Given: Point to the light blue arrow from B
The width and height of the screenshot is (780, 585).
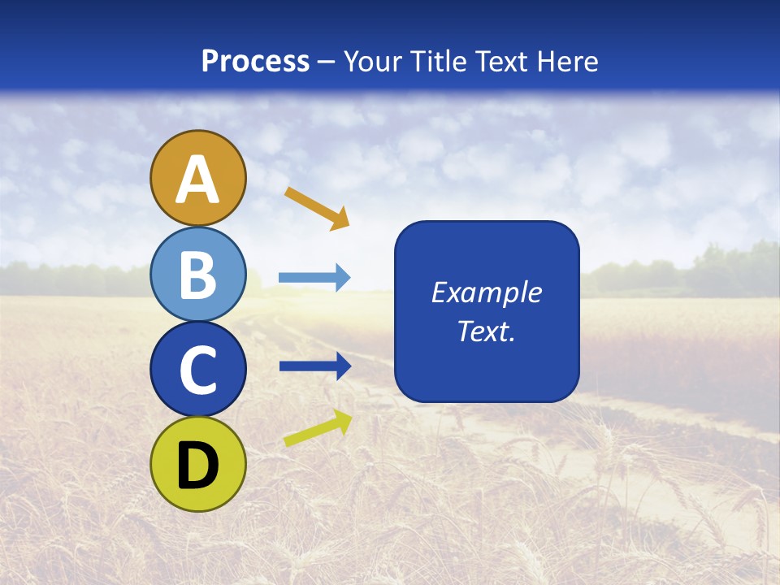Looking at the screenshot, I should pos(314,278).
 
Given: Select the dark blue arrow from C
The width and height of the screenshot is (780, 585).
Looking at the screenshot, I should pos(314,366).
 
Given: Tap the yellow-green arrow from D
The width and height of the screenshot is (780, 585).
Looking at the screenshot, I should pos(318,428).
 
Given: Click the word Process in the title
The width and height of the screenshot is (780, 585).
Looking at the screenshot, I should pos(255,62).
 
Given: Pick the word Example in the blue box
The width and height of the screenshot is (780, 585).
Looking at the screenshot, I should pos(487,292).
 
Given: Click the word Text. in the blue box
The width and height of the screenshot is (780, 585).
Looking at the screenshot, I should pos(487,331).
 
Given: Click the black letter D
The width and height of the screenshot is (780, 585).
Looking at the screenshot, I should pos(198,465).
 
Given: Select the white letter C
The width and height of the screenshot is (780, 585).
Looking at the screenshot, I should pos(198,370).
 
